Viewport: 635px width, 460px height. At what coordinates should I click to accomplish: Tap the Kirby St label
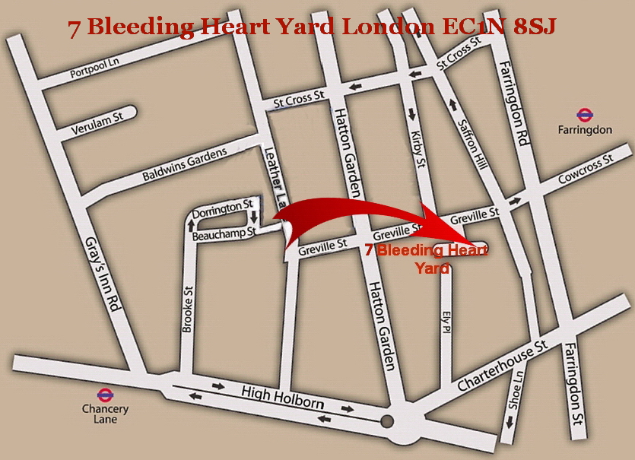click(417, 142)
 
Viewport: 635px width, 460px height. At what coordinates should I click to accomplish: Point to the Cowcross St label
click(583, 168)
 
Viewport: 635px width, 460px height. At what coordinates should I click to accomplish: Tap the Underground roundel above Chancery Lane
click(106, 394)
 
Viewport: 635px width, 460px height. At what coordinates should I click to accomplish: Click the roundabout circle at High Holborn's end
click(387, 421)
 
